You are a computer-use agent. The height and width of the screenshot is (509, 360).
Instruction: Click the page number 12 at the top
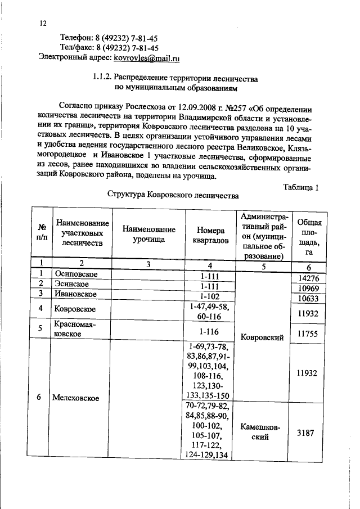tap(43, 24)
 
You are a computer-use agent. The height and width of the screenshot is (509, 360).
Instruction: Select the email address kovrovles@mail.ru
tap(147, 57)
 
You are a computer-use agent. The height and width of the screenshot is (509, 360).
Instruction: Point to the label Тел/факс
tap(81, 48)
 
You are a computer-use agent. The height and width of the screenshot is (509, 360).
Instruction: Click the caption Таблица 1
tap(300, 187)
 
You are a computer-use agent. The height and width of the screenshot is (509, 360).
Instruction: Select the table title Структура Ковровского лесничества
tap(173, 196)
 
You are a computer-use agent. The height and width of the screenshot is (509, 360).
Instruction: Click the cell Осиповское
tap(76, 274)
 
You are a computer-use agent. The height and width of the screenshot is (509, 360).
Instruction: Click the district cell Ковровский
tap(262, 337)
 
